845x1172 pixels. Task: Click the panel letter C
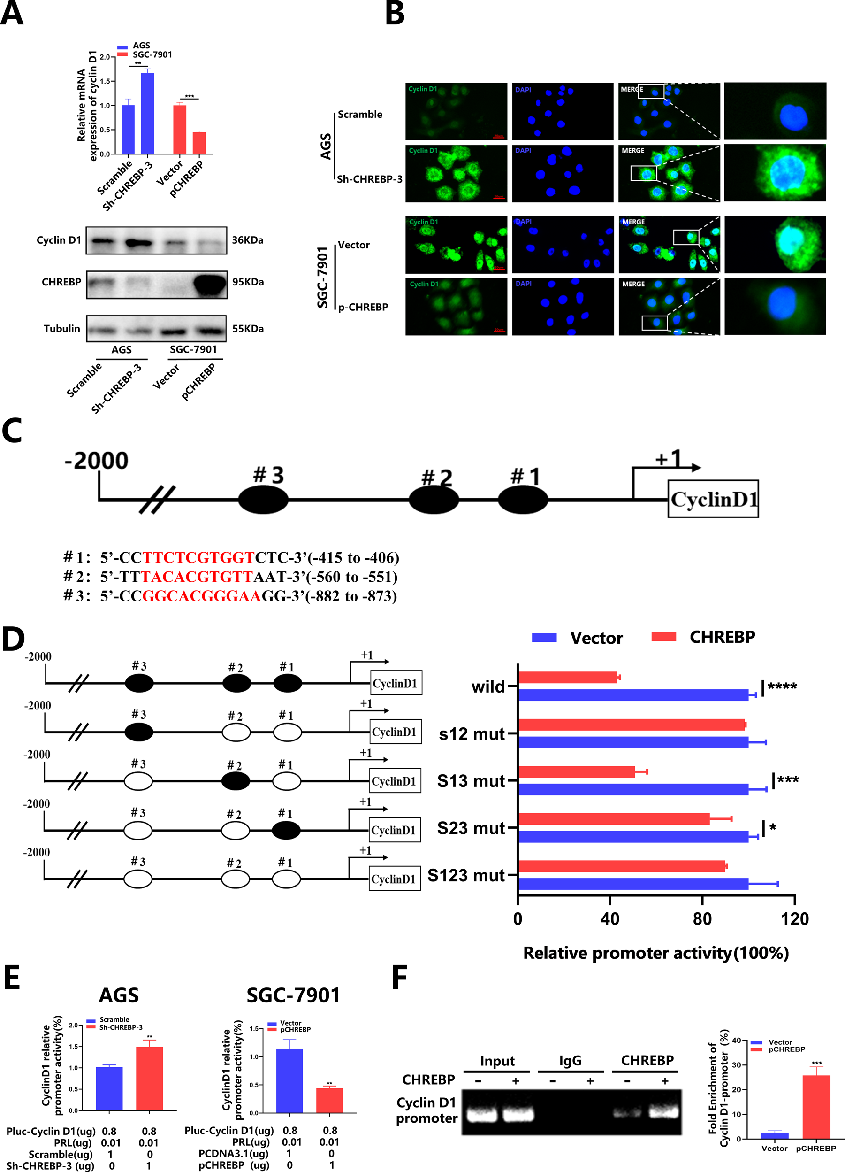12,431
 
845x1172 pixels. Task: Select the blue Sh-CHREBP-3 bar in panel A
147,114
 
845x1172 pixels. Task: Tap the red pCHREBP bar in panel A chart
199,143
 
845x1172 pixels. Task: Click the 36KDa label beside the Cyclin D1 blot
247,240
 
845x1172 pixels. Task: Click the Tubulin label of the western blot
61,329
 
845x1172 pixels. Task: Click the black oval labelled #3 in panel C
263,500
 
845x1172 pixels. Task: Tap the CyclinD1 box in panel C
713,499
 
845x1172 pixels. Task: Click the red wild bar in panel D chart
567,677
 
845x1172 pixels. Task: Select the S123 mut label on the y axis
466,875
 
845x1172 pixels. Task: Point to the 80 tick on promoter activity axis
702,918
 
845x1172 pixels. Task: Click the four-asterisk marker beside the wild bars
782,687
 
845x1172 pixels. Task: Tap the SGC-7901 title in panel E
293,995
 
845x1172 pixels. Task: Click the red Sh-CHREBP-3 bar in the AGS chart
149,1078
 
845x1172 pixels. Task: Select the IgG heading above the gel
570,1060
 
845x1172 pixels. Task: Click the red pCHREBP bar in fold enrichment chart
816,1106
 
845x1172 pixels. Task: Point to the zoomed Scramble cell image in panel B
775,111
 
